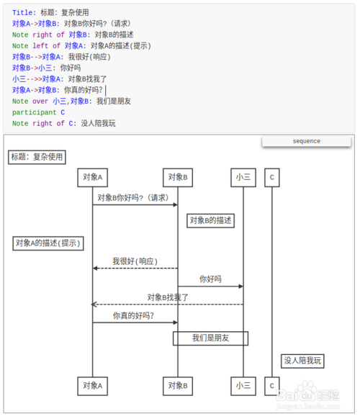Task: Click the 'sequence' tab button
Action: pyautogui.click(x=306, y=141)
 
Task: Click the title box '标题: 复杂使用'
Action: pyautogui.click(x=37, y=157)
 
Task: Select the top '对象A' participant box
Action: pyautogui.click(x=92, y=177)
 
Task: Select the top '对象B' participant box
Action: pyautogui.click(x=178, y=177)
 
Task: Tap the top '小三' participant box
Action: pyautogui.click(x=243, y=177)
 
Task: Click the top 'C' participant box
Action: pyautogui.click(x=271, y=177)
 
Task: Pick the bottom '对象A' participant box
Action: pyautogui.click(x=92, y=386)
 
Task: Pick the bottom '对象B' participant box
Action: pyautogui.click(x=178, y=386)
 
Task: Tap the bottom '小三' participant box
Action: pyautogui.click(x=243, y=386)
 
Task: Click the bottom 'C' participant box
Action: pyautogui.click(x=271, y=386)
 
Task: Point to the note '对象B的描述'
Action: pyautogui.click(x=211, y=220)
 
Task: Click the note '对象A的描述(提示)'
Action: pyautogui.click(x=48, y=243)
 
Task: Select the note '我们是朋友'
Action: pyautogui.click(x=210, y=338)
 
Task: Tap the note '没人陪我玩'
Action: pyautogui.click(x=303, y=361)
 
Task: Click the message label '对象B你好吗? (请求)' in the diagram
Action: pyautogui.click(x=133, y=197)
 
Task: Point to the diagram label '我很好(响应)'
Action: pyautogui.click(x=135, y=261)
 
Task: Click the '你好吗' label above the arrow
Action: pyautogui.click(x=210, y=279)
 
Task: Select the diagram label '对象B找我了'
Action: pyautogui.click(x=168, y=297)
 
